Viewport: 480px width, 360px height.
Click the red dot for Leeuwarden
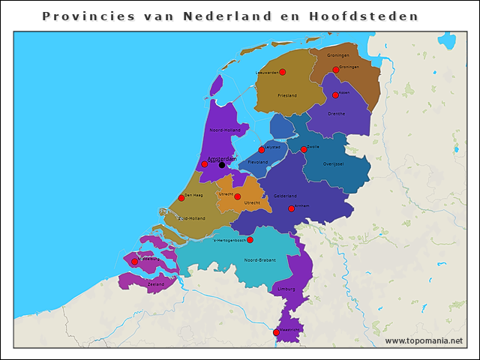tap(283, 72)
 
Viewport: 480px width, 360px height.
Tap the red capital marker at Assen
tap(335, 95)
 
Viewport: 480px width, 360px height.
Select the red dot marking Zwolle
tap(304, 149)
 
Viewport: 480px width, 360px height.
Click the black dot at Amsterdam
tap(221, 164)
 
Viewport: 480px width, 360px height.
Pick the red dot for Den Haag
tap(181, 198)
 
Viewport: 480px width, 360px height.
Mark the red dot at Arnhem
tap(291, 208)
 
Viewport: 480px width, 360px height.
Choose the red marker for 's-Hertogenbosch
tap(250, 240)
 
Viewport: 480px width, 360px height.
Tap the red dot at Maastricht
tap(276, 332)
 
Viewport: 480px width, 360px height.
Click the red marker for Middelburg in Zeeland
tap(134, 262)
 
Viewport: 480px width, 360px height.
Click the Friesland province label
tap(287, 96)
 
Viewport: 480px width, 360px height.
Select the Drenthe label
tap(336, 113)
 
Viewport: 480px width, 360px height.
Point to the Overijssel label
tap(332, 163)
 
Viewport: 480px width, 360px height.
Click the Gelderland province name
tap(286, 196)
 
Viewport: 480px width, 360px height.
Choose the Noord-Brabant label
tap(259, 259)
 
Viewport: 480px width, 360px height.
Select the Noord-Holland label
tap(224, 130)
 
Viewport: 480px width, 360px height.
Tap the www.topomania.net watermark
tap(424, 340)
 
